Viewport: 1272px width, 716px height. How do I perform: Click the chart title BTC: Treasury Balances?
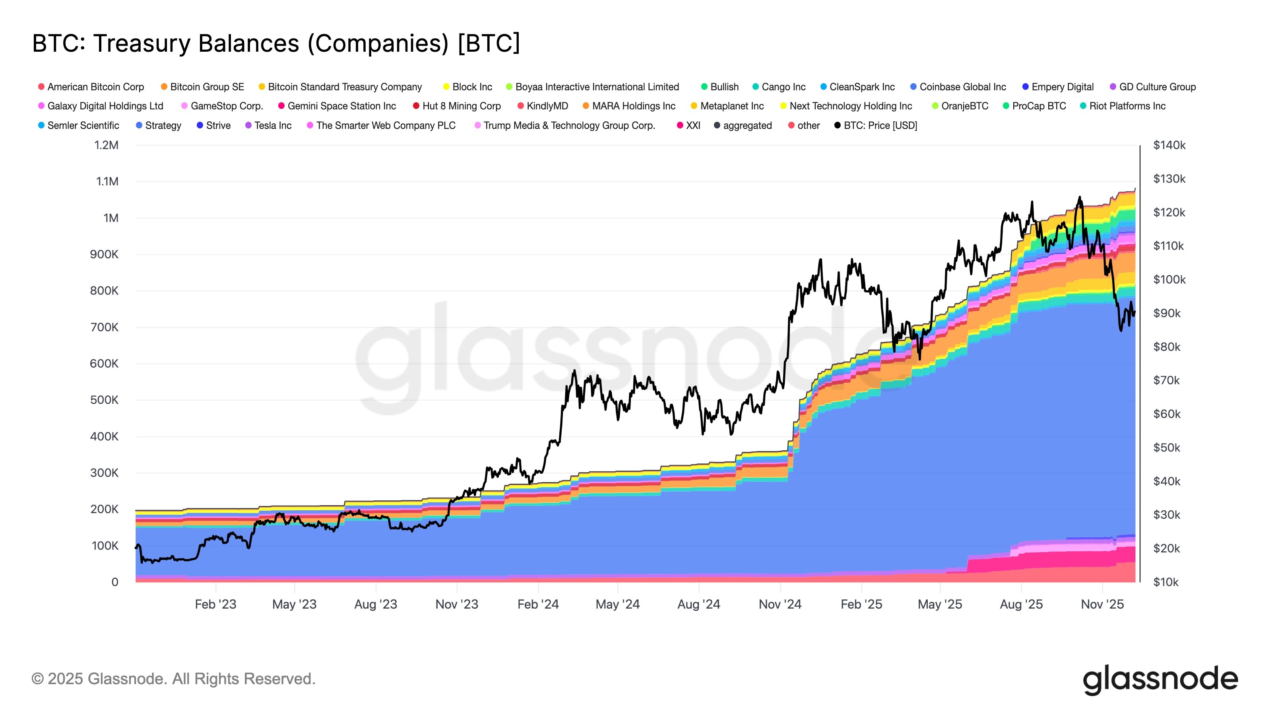tap(275, 43)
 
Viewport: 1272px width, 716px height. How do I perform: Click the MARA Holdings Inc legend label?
tap(633, 106)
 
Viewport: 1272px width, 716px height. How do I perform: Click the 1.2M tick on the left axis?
tap(107, 145)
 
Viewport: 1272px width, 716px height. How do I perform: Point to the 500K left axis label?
tap(104, 400)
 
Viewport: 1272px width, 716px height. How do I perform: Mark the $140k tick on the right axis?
tap(1169, 145)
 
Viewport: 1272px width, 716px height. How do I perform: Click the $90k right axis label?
tap(1166, 313)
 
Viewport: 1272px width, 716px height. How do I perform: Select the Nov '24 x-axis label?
tap(779, 604)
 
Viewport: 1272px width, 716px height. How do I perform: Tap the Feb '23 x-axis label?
tap(215, 604)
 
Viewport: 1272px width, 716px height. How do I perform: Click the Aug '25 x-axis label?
tap(1021, 604)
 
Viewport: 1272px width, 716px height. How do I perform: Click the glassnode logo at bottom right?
tap(1160, 679)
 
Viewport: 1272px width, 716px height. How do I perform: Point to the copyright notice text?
tap(173, 679)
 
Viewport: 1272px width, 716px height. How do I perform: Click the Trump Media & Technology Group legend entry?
tap(568, 126)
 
